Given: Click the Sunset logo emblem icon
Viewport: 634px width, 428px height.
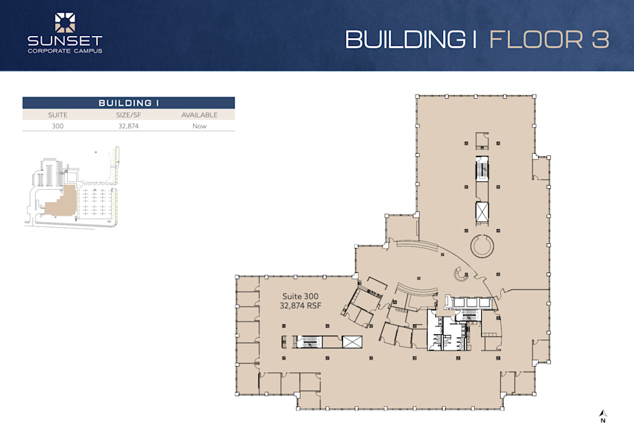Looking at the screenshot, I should point(65,22).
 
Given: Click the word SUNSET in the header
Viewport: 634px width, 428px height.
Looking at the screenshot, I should point(65,41).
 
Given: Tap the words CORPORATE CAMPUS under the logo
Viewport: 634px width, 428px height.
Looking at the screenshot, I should point(65,51).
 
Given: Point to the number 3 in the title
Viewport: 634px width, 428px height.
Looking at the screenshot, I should point(601,39).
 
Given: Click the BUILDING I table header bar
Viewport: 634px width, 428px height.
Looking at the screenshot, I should point(128,103).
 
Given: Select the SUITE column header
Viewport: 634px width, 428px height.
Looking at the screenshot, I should point(57,115).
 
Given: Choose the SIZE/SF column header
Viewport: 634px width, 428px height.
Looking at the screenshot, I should point(128,115).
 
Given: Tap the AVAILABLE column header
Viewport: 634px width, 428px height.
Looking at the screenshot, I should point(199,115).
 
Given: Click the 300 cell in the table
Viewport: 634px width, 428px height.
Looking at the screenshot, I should point(57,126).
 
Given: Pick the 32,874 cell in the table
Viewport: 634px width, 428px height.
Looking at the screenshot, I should point(128,126).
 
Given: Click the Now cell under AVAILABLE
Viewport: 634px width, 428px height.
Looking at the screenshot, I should point(199,126).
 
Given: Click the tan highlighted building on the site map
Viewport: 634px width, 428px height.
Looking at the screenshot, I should point(59,203).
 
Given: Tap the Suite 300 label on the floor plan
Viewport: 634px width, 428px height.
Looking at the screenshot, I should point(301,297).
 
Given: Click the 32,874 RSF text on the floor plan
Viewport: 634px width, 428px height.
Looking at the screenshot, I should point(301,307).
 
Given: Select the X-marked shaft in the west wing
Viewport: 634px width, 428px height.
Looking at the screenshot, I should point(352,343).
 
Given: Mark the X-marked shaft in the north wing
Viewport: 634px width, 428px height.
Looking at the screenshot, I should point(482,212).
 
